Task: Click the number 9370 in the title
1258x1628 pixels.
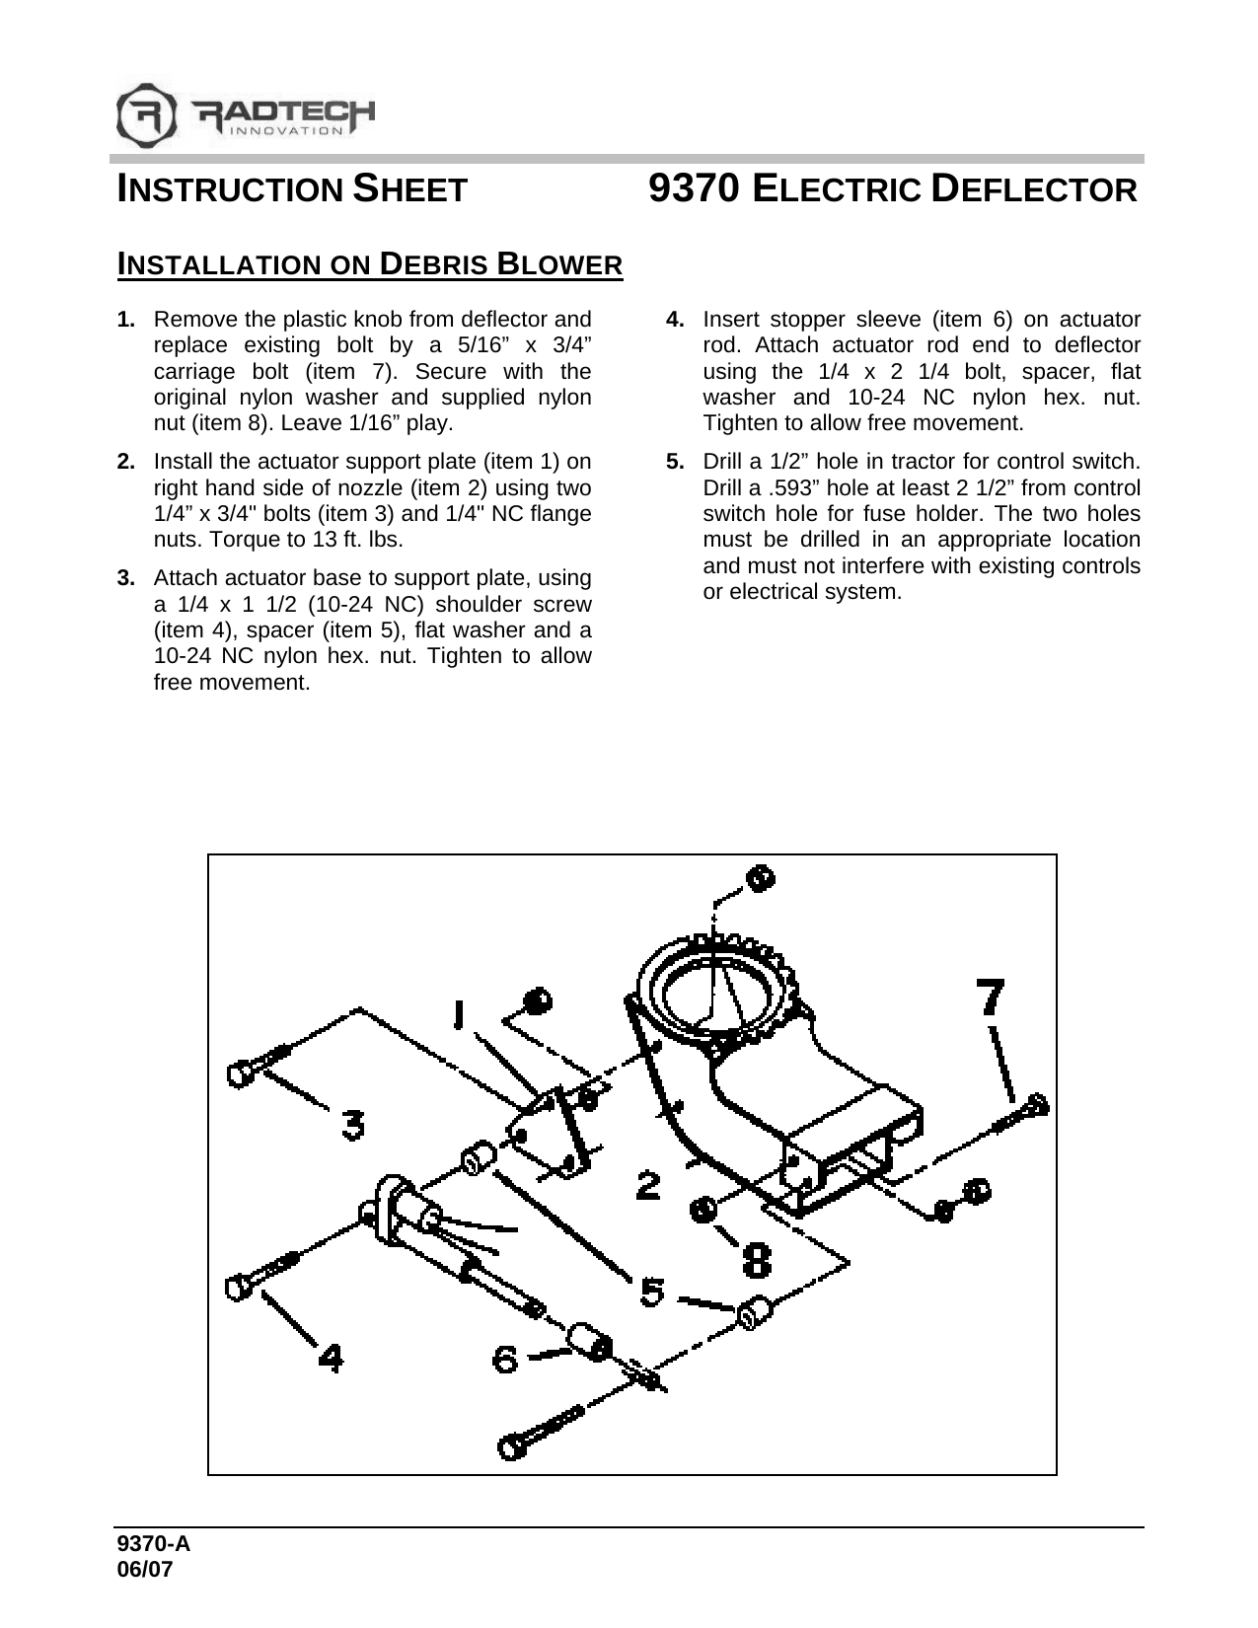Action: tap(694, 187)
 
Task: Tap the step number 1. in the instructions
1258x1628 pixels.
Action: tap(125, 320)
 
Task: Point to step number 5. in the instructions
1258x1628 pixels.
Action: tap(675, 462)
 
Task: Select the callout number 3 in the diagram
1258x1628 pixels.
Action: tap(352, 1124)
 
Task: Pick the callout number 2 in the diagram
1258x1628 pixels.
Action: tap(648, 1184)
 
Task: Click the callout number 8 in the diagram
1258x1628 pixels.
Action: tap(758, 1259)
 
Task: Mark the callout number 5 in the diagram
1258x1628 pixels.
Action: tap(652, 1291)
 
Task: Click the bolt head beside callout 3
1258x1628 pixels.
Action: tap(240, 1073)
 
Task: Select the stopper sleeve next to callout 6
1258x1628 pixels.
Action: tap(588, 1343)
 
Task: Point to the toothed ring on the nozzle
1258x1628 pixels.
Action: tap(720, 987)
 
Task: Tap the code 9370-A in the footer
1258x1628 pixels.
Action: tap(152, 1545)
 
